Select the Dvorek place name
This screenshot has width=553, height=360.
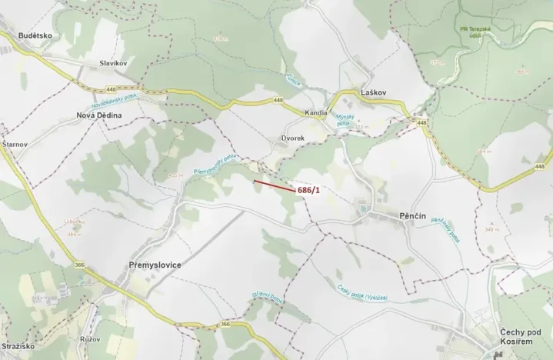tap(292, 138)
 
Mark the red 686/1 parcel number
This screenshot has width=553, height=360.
tap(308, 189)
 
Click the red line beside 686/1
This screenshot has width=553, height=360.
tap(274, 185)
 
